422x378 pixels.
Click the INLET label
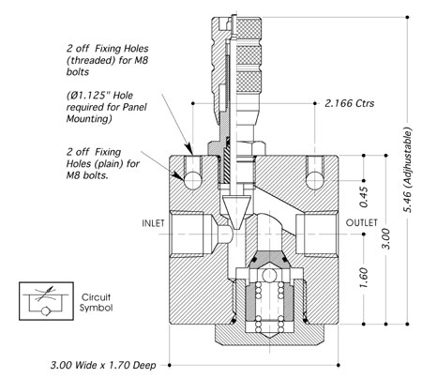153,223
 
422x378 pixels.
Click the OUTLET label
361,222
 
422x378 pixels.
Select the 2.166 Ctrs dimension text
350,103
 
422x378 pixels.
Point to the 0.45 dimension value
364,197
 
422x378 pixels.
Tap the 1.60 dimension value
364,278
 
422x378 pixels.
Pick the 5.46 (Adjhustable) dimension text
408,170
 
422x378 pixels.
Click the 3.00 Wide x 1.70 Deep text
103,365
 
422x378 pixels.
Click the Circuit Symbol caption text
96,302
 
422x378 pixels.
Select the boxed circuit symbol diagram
46,301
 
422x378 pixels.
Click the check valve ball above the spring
269,276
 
